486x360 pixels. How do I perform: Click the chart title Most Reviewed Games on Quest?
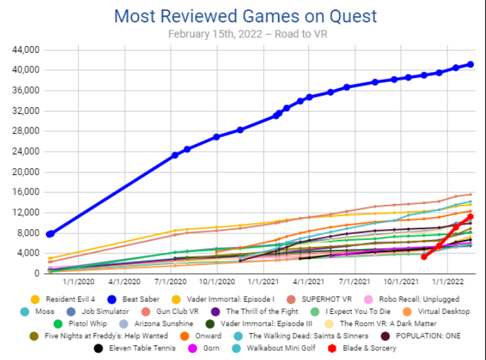tap(245, 16)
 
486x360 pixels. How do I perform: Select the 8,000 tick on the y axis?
tap(28, 233)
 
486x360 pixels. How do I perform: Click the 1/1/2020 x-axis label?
tap(77, 279)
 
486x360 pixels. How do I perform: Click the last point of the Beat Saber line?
tap(471, 64)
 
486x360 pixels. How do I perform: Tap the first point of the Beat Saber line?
tap(49, 234)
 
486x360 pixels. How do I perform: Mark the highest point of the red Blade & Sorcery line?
tap(470, 216)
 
